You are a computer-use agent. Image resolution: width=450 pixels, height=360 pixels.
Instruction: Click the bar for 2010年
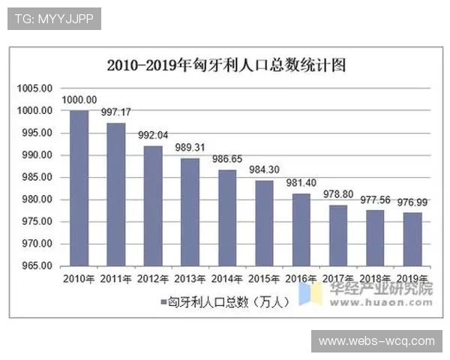pyautogui.click(x=79, y=188)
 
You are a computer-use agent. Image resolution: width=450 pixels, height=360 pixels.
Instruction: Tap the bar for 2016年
pyautogui.click(x=301, y=229)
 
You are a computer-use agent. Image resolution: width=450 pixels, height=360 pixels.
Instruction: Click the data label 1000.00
pyautogui.click(x=79, y=100)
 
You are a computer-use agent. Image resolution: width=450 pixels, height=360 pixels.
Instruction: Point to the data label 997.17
pyautogui.click(x=116, y=112)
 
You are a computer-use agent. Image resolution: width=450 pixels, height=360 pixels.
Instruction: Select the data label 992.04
pyautogui.click(x=154, y=136)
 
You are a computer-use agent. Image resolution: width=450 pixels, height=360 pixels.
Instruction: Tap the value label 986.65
pyautogui.click(x=228, y=160)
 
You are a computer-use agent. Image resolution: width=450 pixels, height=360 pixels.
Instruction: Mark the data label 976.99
pyautogui.click(x=412, y=202)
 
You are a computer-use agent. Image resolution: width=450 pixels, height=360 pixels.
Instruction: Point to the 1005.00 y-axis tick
pyautogui.click(x=35, y=88)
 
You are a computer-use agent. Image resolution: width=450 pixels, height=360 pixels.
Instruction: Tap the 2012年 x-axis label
pyautogui.click(x=153, y=279)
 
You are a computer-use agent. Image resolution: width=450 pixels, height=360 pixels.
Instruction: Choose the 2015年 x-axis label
pyautogui.click(x=264, y=279)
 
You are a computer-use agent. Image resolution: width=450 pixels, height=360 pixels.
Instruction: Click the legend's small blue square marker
pyautogui.click(x=163, y=302)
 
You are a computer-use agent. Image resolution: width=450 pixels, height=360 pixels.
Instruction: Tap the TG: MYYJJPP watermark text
pyautogui.click(x=54, y=19)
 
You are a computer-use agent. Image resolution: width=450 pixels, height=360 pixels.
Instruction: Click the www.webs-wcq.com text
pyautogui.click(x=376, y=341)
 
